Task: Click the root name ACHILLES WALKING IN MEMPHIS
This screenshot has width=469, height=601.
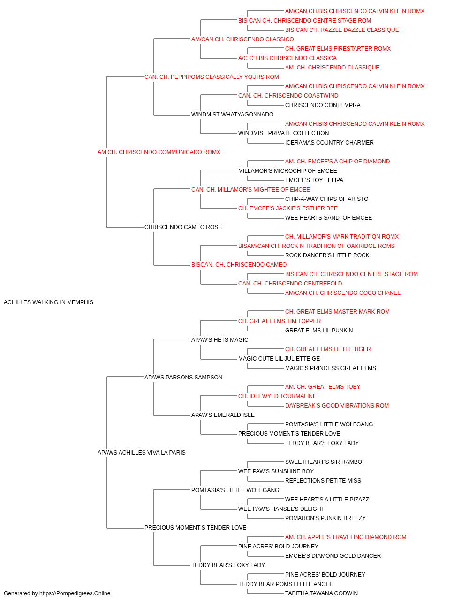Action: [x=48, y=302]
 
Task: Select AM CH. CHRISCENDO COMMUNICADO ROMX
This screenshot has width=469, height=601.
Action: [x=159, y=152]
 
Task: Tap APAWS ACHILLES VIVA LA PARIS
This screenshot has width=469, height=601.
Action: [x=142, y=453]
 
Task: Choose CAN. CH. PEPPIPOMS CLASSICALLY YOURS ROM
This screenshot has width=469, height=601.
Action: [x=212, y=77]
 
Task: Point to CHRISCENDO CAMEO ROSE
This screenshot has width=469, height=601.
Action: [x=183, y=227]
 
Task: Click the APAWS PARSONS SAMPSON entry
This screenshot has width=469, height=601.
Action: [x=183, y=377]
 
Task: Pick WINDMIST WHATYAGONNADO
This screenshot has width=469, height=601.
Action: [x=232, y=115]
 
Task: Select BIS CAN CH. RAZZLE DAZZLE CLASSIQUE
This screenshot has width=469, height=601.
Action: [x=342, y=30]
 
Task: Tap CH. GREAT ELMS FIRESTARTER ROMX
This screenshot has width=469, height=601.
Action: [x=338, y=49]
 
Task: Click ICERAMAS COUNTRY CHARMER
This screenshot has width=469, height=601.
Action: [x=329, y=143]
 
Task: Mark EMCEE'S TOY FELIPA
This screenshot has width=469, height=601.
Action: [x=314, y=180]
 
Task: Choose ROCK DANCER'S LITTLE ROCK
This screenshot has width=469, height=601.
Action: [x=327, y=255]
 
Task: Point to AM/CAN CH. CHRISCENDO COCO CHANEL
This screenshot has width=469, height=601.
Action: [x=342, y=293]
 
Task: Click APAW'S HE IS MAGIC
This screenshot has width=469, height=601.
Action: [x=220, y=340]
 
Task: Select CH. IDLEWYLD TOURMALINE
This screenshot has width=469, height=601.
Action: [x=277, y=396]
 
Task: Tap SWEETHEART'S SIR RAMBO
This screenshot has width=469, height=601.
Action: [x=324, y=462]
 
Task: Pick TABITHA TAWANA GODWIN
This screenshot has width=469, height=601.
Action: [x=321, y=593]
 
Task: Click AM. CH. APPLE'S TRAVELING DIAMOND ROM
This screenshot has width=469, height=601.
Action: [x=346, y=537]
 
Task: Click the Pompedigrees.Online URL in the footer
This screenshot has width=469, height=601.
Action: [x=75, y=593]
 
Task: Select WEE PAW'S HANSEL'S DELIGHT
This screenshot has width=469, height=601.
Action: [x=281, y=509]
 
